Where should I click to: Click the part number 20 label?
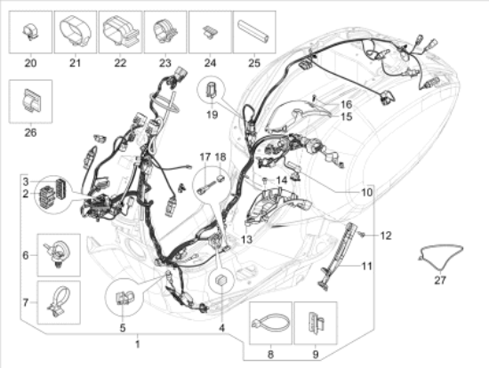pos(30,63)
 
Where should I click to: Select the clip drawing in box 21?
pos(76,32)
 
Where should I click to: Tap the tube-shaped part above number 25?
pos(253,31)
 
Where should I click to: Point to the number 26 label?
pos(30,132)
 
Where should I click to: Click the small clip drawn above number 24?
pos(210,32)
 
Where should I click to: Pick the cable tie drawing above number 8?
pos(270,323)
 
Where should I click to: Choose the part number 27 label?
pos(440,280)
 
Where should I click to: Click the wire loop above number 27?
pos(440,256)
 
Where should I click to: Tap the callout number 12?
pos(386,236)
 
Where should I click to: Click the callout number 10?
pos(366,192)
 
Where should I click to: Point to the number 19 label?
pos(212,115)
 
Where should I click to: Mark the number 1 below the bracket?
pos(138,344)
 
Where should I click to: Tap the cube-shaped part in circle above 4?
pos(221,280)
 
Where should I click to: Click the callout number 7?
pos(26,302)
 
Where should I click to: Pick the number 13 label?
pos(246,239)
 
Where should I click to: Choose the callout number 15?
pos(347,116)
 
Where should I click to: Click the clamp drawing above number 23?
pos(164,32)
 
